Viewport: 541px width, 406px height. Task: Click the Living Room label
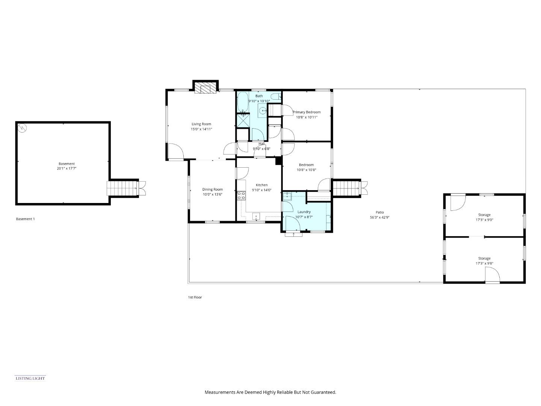click(201, 124)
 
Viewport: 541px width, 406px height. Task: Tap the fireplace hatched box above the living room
click(206, 89)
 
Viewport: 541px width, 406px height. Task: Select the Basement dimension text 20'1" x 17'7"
click(66, 169)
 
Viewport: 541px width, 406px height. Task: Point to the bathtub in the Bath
click(243, 103)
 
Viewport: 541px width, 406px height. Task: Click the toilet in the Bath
click(276, 97)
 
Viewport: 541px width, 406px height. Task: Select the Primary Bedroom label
click(307, 112)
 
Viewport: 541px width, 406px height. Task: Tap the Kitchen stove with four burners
click(241, 195)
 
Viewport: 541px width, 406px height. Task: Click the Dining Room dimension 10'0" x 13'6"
click(213, 194)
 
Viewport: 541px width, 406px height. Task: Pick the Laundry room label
click(304, 212)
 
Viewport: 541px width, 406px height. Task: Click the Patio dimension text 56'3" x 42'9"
click(379, 217)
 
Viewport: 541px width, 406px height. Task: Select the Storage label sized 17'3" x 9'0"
click(484, 215)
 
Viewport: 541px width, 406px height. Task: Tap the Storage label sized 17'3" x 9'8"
click(484, 259)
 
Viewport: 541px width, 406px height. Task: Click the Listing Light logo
click(30, 378)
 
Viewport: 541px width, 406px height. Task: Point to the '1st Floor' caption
click(195, 297)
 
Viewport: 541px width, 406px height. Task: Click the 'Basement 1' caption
click(25, 219)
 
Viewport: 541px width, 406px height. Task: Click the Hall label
click(261, 144)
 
